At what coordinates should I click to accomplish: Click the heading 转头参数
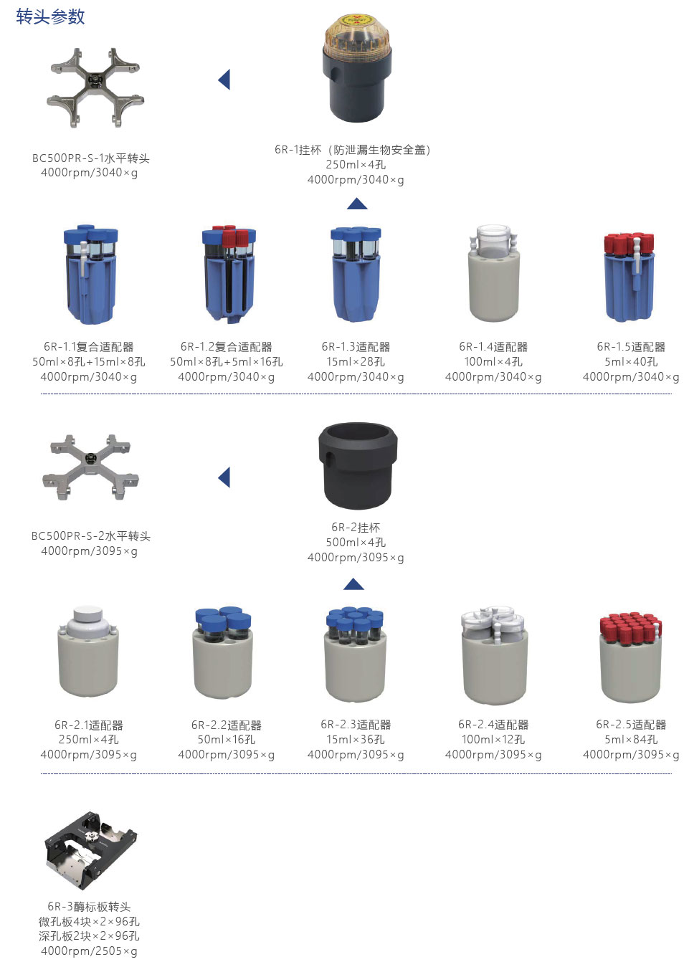[x=50, y=16]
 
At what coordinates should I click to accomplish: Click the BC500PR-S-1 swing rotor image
[x=95, y=87]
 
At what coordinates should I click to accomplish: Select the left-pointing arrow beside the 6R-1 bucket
[x=224, y=80]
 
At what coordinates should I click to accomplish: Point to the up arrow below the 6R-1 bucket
[x=357, y=204]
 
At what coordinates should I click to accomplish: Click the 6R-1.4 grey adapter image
[x=494, y=272]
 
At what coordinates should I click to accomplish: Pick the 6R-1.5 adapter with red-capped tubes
[x=630, y=277]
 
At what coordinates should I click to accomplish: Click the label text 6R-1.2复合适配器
[x=227, y=346]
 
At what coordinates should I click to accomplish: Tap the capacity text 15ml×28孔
[x=356, y=361]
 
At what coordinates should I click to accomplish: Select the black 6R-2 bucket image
[x=358, y=465]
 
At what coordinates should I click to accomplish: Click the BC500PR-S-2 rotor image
[x=90, y=467]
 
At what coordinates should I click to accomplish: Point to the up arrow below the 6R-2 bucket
[x=354, y=584]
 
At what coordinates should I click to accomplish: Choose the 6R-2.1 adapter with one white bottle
[x=88, y=651]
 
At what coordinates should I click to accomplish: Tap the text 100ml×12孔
[x=493, y=739]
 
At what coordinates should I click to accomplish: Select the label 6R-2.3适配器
[x=356, y=725]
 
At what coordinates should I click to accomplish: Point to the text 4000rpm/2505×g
[x=90, y=951]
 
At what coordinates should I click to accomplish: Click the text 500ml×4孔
[x=356, y=542]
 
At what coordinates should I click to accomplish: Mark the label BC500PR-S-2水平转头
[x=90, y=536]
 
